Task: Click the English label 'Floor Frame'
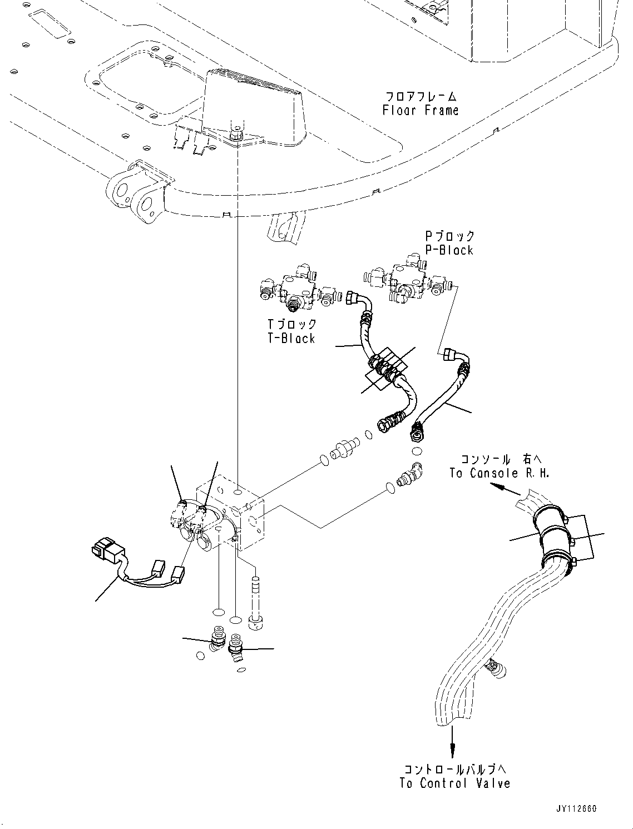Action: (x=421, y=110)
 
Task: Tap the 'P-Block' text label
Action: (x=449, y=250)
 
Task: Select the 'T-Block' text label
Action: (x=291, y=338)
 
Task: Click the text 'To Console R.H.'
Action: (x=499, y=473)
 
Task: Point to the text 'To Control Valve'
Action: (x=454, y=783)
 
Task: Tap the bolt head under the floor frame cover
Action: (x=237, y=133)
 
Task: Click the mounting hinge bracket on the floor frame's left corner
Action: (x=140, y=194)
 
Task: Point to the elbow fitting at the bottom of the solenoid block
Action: (x=236, y=648)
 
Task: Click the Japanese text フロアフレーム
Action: (x=421, y=96)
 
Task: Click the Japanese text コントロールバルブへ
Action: (x=454, y=770)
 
